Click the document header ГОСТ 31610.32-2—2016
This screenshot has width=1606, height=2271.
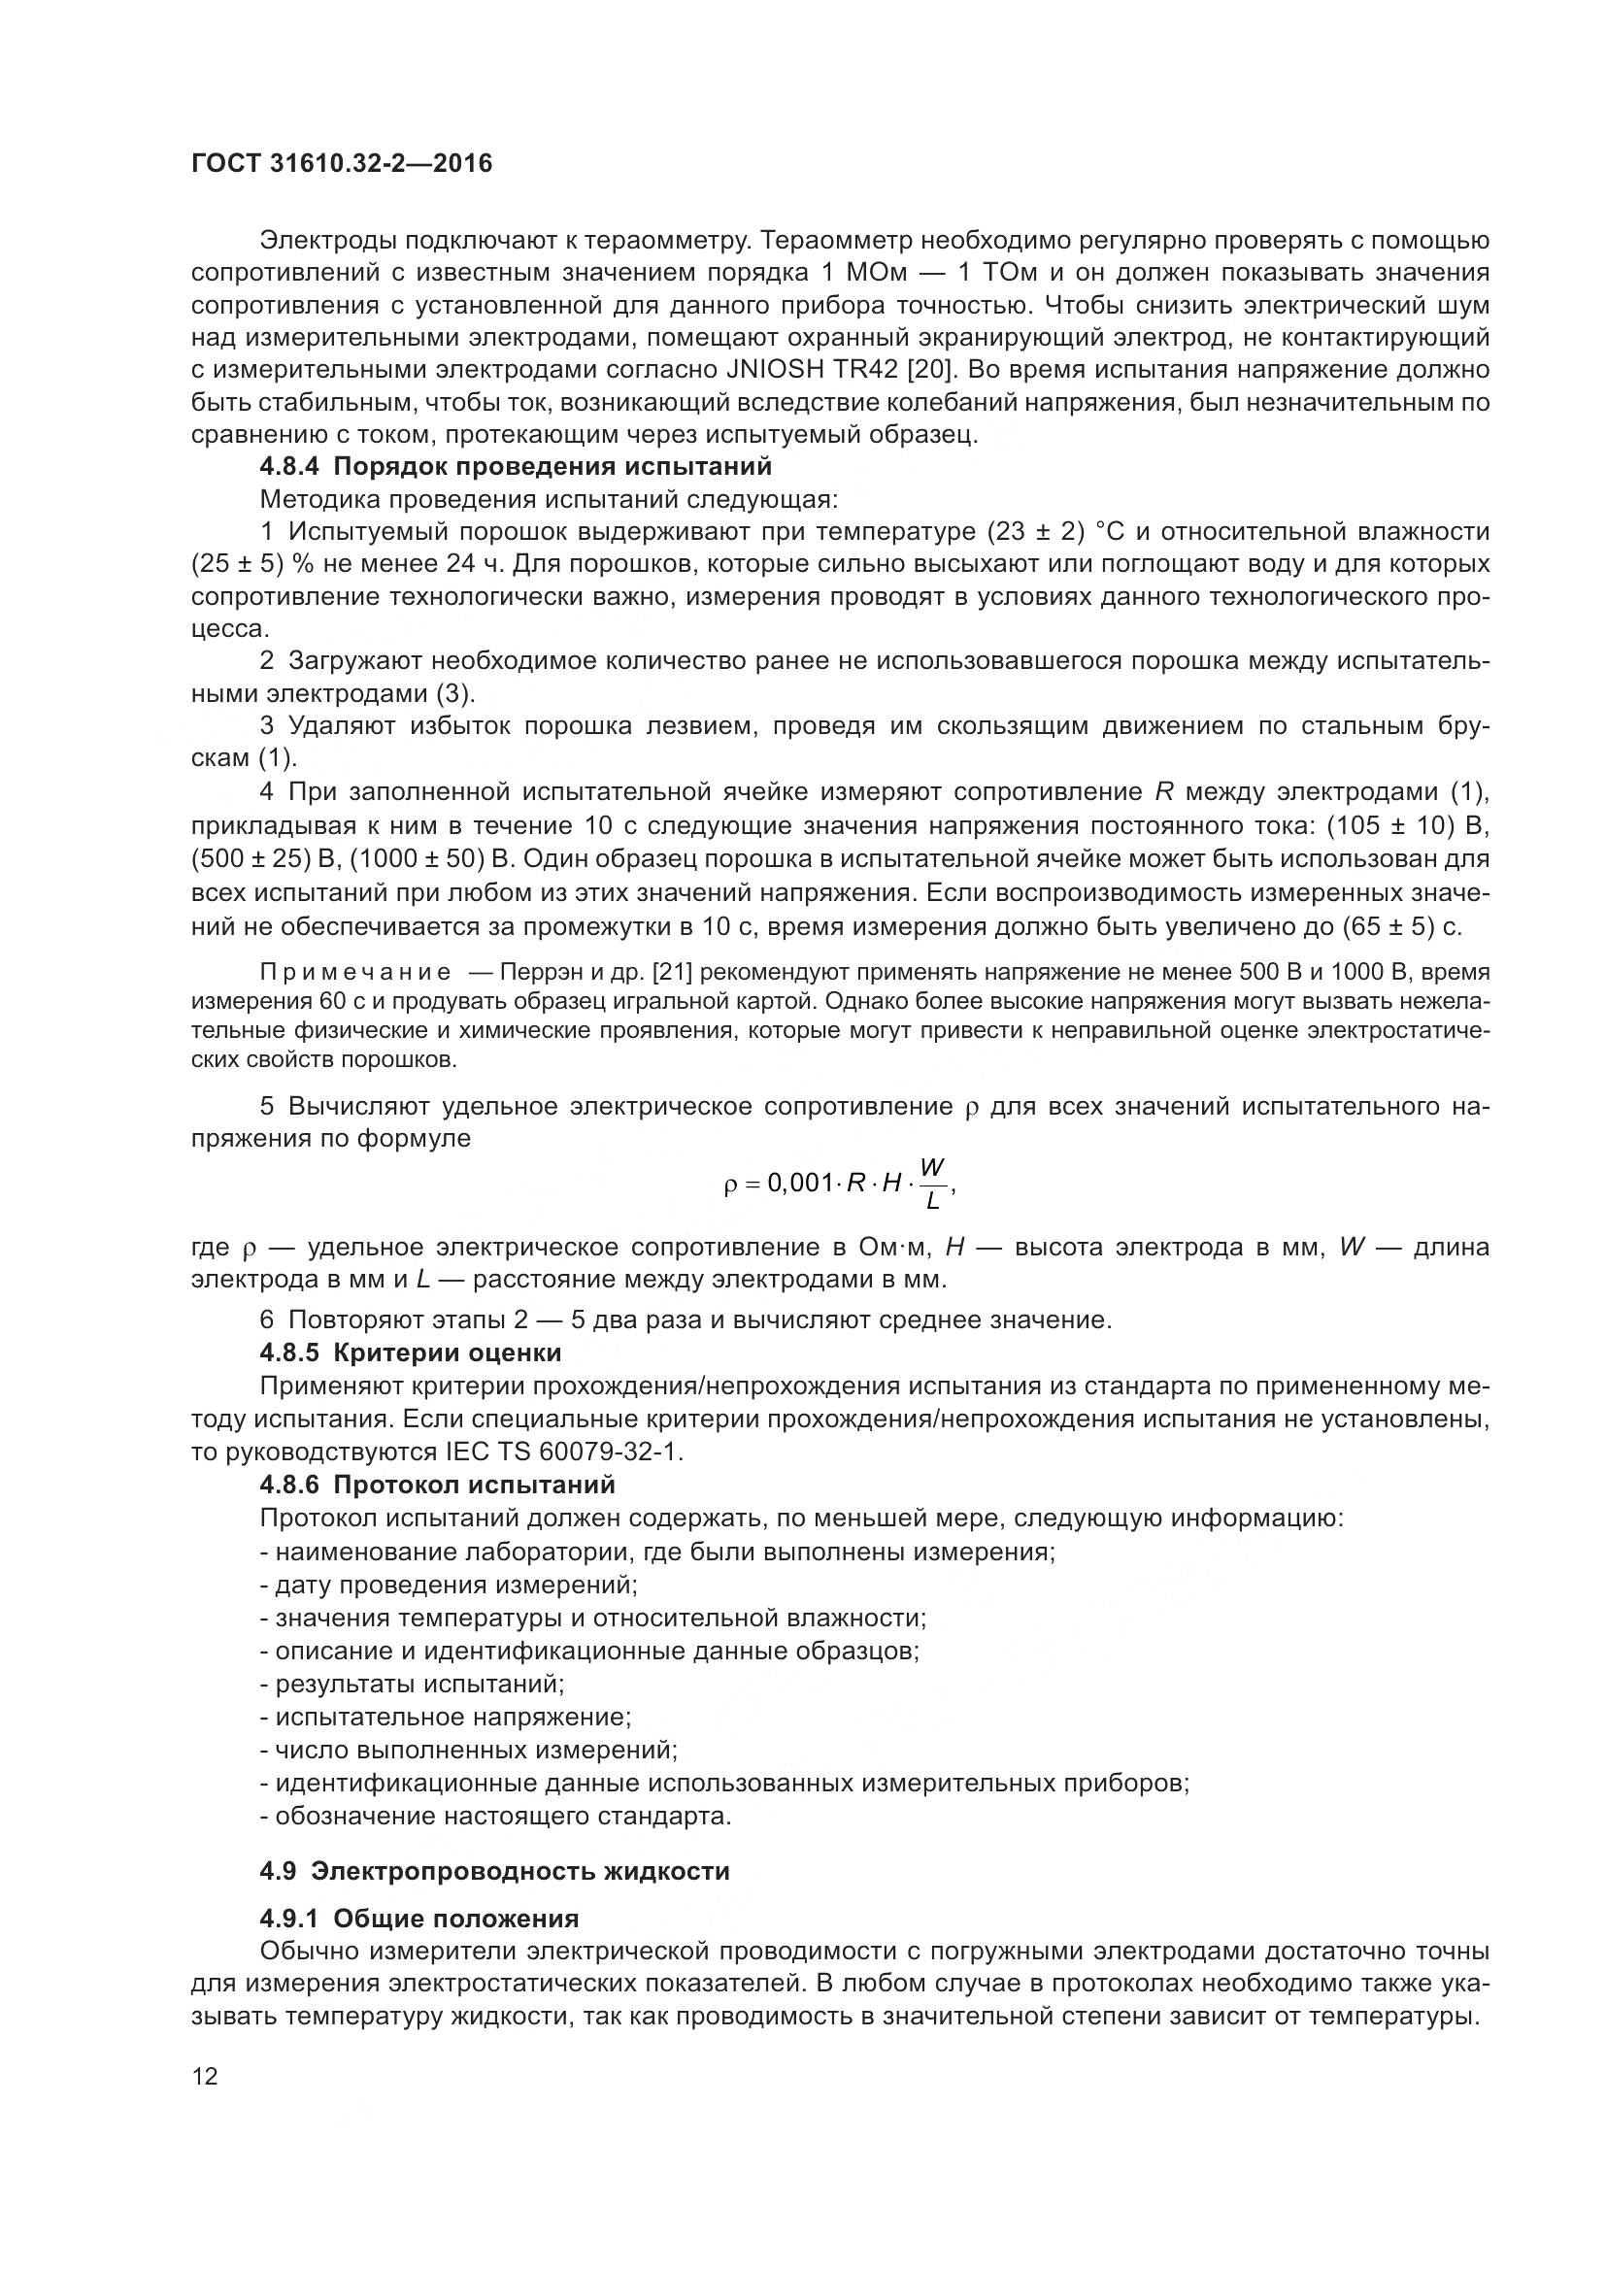341,163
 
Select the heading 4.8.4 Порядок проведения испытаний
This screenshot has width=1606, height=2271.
516,466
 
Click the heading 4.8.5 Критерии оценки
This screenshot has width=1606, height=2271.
411,1353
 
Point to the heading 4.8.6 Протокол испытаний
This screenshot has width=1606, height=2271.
437,1485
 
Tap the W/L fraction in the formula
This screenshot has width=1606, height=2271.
931,1185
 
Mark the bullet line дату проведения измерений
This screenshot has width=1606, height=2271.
449,1585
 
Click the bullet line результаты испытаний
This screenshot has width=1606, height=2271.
413,1684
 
